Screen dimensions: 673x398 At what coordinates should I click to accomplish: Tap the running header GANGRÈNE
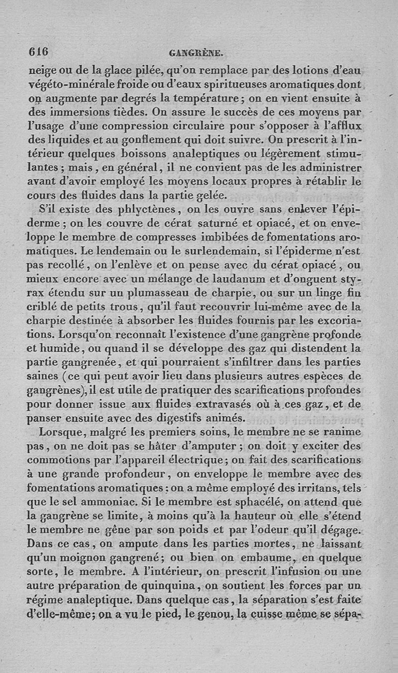click(198, 51)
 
